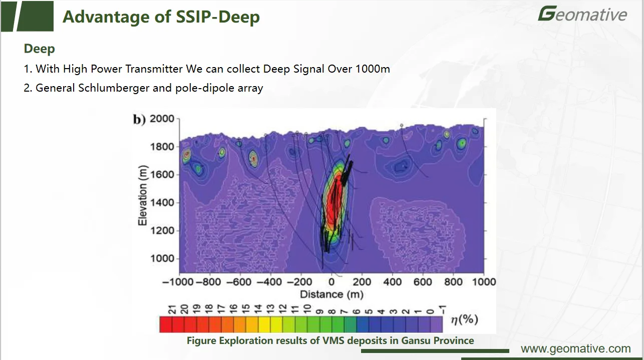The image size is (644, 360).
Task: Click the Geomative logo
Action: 582,14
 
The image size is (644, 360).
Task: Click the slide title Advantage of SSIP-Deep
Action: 161,17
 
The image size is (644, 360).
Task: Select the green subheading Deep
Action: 39,49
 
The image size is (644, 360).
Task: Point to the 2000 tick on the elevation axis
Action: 163,119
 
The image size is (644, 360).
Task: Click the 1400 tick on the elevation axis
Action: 163,203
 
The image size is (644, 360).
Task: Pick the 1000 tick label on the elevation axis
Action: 163,258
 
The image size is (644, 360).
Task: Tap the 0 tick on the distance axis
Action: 331,282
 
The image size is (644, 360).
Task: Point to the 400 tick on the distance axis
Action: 392,282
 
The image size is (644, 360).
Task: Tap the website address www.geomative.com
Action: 575,349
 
